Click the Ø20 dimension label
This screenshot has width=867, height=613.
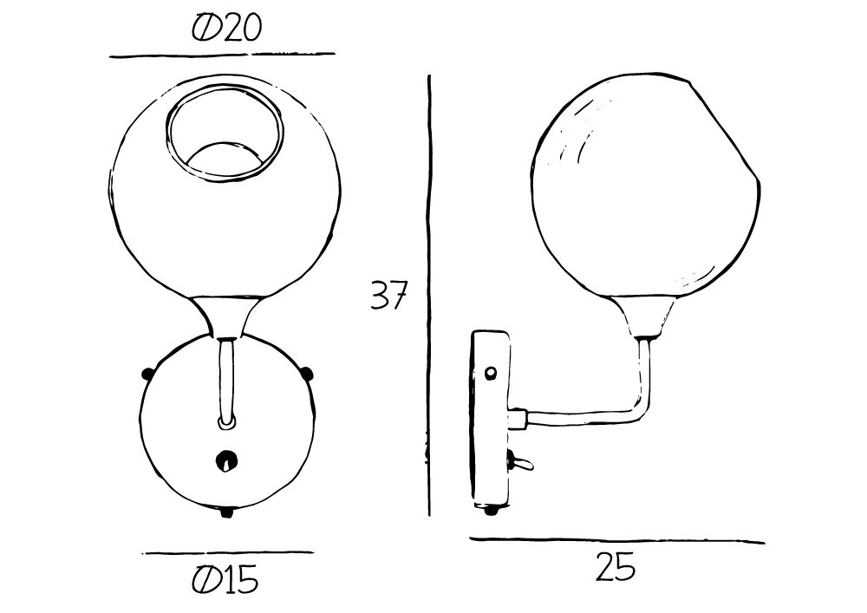[225, 28]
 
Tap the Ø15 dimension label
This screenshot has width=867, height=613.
[225, 579]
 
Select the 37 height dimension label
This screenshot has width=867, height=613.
[388, 295]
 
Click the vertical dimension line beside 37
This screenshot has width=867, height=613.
[430, 296]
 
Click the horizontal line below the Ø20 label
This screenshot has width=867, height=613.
[222, 55]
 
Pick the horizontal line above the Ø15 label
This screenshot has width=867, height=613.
[228, 552]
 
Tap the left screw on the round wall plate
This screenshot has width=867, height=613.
[147, 375]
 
